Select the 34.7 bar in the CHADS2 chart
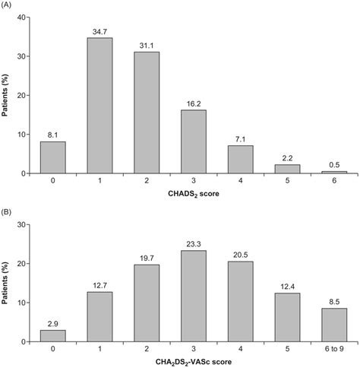(100, 106)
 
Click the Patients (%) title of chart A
(8, 95)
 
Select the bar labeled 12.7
(100, 317)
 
